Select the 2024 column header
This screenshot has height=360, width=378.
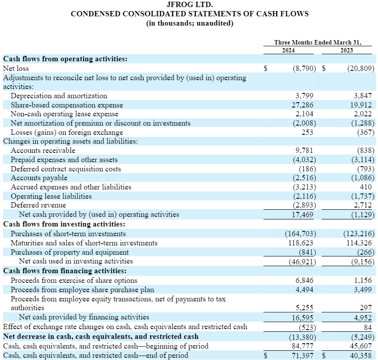click(x=289, y=50)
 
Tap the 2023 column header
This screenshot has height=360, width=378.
click(x=346, y=50)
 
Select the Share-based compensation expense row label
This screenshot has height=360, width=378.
click(x=67, y=105)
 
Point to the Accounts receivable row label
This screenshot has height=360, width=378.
click(x=43, y=151)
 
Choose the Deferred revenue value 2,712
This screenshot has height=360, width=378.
click(x=363, y=205)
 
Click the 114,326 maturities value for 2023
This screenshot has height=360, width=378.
click(x=359, y=243)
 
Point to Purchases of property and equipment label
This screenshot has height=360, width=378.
click(x=70, y=252)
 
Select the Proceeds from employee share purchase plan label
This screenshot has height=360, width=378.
click(x=82, y=289)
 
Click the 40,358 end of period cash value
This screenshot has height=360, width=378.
click(x=361, y=355)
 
